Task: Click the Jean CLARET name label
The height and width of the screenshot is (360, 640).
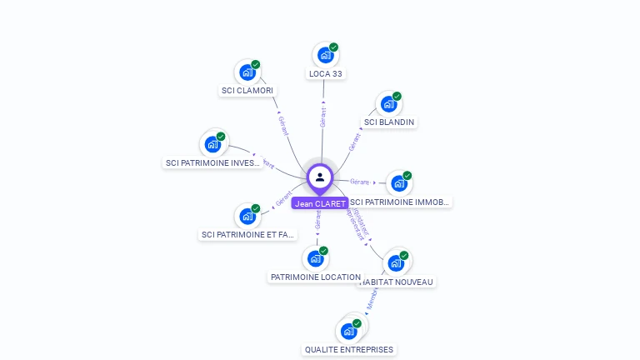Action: pos(320,203)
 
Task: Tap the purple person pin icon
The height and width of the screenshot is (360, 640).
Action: pos(320,177)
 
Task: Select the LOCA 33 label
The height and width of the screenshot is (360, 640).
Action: pos(326,74)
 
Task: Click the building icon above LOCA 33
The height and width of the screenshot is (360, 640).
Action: pos(325,55)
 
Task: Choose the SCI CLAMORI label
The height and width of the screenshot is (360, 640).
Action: pos(247,90)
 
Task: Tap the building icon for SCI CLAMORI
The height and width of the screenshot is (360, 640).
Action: pos(247,72)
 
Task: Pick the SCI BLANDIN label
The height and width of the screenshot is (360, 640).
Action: pos(389,122)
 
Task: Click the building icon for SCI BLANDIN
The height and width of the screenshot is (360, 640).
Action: pos(387,104)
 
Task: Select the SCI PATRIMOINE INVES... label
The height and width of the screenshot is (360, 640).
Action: pos(213,163)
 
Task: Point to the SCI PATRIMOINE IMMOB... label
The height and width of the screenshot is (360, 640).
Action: pos(400,202)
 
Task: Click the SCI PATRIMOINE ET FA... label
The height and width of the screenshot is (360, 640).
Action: pos(248,235)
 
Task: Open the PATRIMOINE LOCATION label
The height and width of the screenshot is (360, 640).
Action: pos(316,277)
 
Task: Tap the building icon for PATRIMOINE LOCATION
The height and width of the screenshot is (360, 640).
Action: pos(315,257)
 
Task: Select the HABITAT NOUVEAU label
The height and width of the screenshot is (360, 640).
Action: pos(397,282)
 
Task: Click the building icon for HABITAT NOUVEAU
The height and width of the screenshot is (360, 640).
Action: pos(396,262)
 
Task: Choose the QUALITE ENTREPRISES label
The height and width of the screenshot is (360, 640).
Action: pos(349,349)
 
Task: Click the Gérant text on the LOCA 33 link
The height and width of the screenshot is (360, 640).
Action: pos(322,117)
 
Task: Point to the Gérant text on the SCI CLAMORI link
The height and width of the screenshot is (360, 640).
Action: pos(283,126)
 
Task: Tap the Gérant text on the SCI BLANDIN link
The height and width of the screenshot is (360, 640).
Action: pos(355,142)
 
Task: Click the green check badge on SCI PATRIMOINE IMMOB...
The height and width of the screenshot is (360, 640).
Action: pos(407,176)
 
